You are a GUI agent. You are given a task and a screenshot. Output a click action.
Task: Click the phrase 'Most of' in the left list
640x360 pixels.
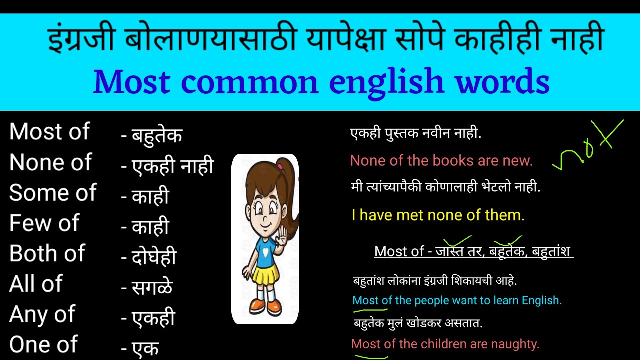click(49, 132)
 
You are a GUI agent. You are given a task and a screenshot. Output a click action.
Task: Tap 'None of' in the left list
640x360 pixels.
click(50, 163)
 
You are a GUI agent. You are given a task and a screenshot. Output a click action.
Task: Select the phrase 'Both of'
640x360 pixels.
click(47, 254)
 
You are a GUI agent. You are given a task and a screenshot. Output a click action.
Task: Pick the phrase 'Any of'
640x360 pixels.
click(42, 314)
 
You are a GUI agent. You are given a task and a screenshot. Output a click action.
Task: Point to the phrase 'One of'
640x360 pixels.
click(44, 345)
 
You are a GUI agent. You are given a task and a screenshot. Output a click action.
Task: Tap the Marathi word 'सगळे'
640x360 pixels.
click(152, 287)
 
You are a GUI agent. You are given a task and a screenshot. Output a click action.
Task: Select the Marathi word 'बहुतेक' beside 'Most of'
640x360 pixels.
click(157, 135)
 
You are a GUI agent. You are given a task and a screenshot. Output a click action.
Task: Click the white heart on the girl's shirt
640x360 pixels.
click(264, 252)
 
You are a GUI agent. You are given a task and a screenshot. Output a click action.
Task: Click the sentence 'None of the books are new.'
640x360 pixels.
click(441, 161)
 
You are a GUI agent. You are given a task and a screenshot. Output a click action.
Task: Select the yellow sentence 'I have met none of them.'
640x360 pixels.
click(438, 215)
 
